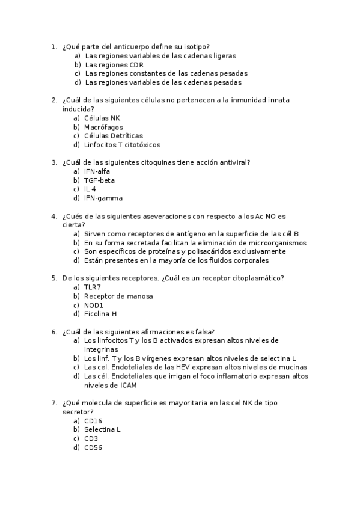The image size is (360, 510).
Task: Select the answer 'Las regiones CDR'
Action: pos(114,64)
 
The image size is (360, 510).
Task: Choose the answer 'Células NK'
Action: pos(102,118)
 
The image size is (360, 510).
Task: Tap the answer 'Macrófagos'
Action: pos(103,127)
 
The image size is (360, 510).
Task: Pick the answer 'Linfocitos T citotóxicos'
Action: pos(122,145)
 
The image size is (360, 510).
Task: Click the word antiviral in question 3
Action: pos(234,162)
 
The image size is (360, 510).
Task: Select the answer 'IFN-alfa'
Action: pos(97,171)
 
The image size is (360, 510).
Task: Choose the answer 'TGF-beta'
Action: pos(99,180)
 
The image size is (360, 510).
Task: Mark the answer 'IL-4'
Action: pos(90,189)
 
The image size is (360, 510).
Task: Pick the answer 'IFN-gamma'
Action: pos(103,198)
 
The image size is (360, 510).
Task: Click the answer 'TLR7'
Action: pos(93,287)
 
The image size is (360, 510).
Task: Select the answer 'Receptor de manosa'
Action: pos(118,296)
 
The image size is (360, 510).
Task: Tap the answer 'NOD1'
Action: pos(94,305)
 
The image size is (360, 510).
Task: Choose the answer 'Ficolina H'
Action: pos(100,314)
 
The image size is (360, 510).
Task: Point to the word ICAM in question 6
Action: pos(127,385)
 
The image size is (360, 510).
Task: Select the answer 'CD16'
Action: pos(93,421)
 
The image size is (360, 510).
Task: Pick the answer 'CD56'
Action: pos(93,447)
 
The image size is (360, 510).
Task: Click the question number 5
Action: pos(54,278)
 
